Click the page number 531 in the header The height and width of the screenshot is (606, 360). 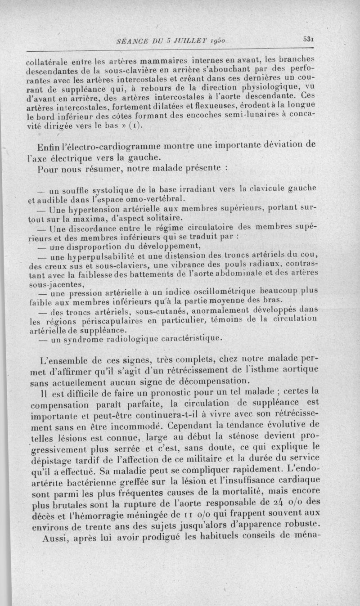pyautogui.click(x=308, y=40)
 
